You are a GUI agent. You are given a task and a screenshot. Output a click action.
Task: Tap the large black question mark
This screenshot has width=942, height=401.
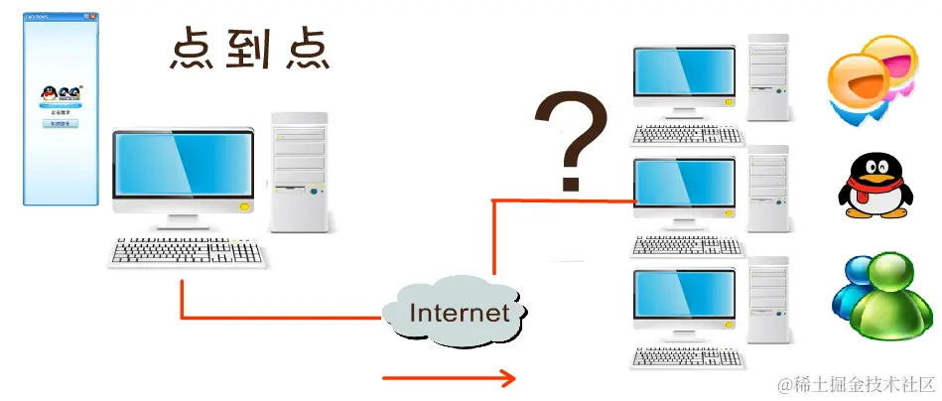pyautogui.click(x=570, y=139)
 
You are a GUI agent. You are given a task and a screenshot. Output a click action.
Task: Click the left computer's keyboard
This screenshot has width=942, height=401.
pyautogui.click(x=189, y=252)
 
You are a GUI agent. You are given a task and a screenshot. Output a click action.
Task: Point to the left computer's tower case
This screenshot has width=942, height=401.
pyautogui.click(x=299, y=172)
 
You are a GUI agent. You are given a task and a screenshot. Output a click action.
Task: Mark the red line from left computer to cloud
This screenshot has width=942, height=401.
pyautogui.click(x=278, y=318)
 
